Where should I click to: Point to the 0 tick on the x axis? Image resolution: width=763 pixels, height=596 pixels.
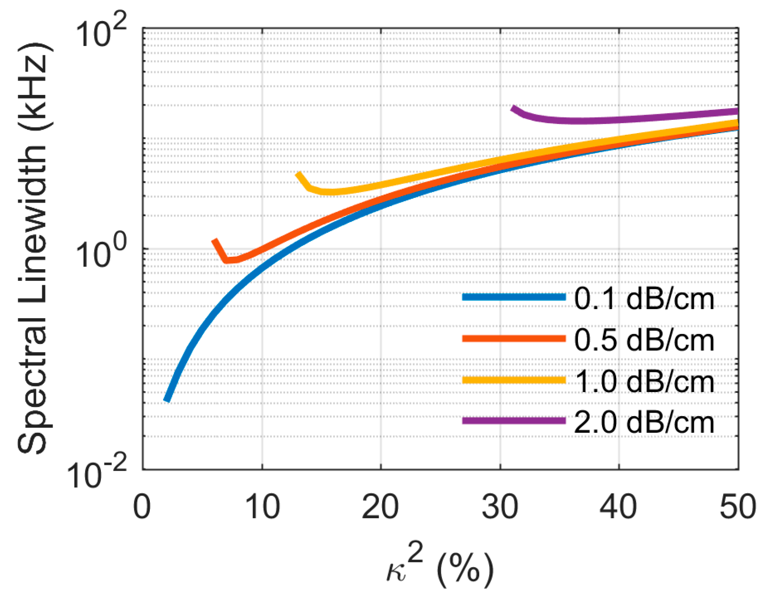(142, 507)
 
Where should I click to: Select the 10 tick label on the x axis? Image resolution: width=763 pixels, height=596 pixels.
(261, 507)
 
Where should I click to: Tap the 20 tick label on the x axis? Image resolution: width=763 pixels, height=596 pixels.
(380, 507)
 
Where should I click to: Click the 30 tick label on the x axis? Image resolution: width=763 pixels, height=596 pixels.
(500, 507)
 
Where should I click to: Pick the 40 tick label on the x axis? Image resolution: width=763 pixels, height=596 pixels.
(618, 507)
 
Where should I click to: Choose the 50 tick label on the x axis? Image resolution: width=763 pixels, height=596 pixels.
(738, 507)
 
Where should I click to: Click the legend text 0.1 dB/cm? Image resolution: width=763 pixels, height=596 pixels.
(644, 298)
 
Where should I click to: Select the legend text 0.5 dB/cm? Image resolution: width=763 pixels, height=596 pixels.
(644, 340)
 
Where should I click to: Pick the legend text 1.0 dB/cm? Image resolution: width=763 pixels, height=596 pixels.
(644, 381)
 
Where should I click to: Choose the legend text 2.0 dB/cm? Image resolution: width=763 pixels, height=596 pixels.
(644, 422)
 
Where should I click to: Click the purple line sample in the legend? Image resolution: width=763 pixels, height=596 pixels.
(514, 420)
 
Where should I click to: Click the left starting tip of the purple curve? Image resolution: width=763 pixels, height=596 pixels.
(513, 108)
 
